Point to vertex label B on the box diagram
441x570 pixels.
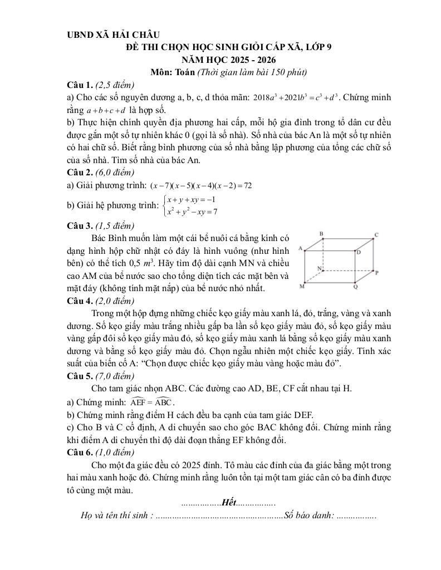[321, 233]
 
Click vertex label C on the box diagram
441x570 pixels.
[376, 235]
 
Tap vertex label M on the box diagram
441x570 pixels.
[302, 286]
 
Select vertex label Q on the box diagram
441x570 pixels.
[356, 287]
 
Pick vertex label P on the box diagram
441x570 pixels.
[377, 273]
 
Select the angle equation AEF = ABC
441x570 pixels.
[152, 401]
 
